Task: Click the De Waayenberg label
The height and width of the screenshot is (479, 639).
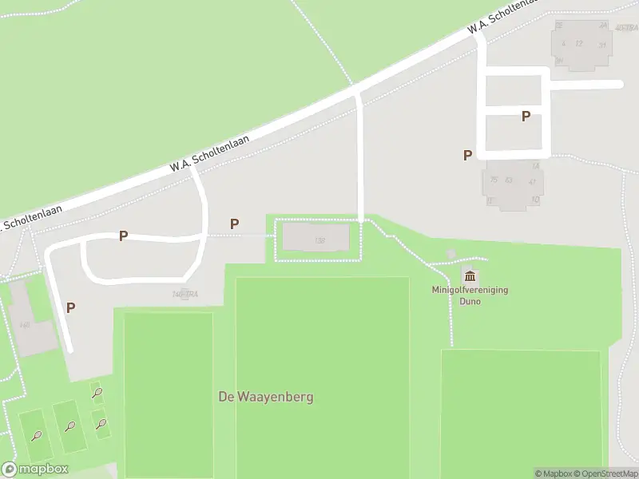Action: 266,397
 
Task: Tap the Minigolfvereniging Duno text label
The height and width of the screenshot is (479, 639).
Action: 470,295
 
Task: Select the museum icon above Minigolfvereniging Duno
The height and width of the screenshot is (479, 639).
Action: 470,275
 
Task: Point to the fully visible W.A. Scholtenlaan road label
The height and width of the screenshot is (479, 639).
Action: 209,152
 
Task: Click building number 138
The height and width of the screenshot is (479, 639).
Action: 319,240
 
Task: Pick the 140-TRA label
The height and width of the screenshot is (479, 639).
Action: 185,295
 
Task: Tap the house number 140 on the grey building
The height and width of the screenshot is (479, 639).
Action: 25,325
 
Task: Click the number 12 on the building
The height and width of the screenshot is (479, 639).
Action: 579,43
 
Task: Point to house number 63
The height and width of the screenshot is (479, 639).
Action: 508,180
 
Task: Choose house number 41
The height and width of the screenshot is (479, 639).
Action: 531,182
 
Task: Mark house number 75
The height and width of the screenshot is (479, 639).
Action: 494,180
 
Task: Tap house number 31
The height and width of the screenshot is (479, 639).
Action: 601,45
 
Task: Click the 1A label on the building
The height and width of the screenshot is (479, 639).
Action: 536,165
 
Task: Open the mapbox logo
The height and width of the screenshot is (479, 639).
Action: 35,469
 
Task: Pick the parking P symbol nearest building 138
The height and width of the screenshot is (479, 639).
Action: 234,224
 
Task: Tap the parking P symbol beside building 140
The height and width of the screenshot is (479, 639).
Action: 70,307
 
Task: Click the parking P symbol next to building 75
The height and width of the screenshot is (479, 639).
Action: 467,156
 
